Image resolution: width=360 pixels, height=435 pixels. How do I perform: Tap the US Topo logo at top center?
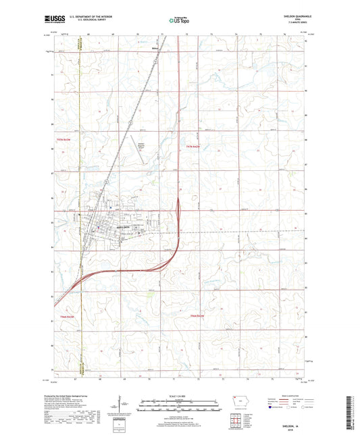pos(178,21)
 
